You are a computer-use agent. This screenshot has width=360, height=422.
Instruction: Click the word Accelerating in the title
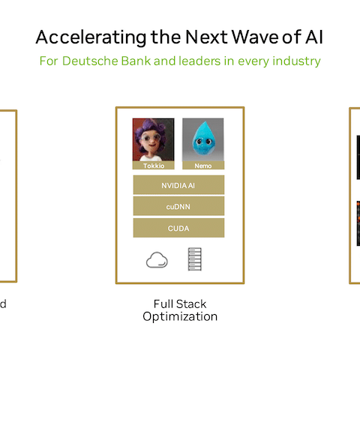91,37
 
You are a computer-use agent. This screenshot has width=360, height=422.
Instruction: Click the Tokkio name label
154,166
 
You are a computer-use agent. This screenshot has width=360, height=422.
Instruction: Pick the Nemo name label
203,166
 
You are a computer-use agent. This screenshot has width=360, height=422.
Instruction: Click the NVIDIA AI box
178,185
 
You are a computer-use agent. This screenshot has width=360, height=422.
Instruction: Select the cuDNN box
178,206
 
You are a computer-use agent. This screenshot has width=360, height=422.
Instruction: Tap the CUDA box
178,228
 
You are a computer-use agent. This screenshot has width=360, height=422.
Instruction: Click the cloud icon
157,260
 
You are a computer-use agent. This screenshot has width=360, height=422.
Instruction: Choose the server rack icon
195,259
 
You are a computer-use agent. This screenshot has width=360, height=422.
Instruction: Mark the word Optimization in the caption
180,316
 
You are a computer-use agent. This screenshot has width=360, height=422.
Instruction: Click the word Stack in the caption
191,304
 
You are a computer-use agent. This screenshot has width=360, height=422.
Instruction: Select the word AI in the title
314,37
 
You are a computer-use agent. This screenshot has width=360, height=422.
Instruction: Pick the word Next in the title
206,37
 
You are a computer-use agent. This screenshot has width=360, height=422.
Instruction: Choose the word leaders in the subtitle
199,61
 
